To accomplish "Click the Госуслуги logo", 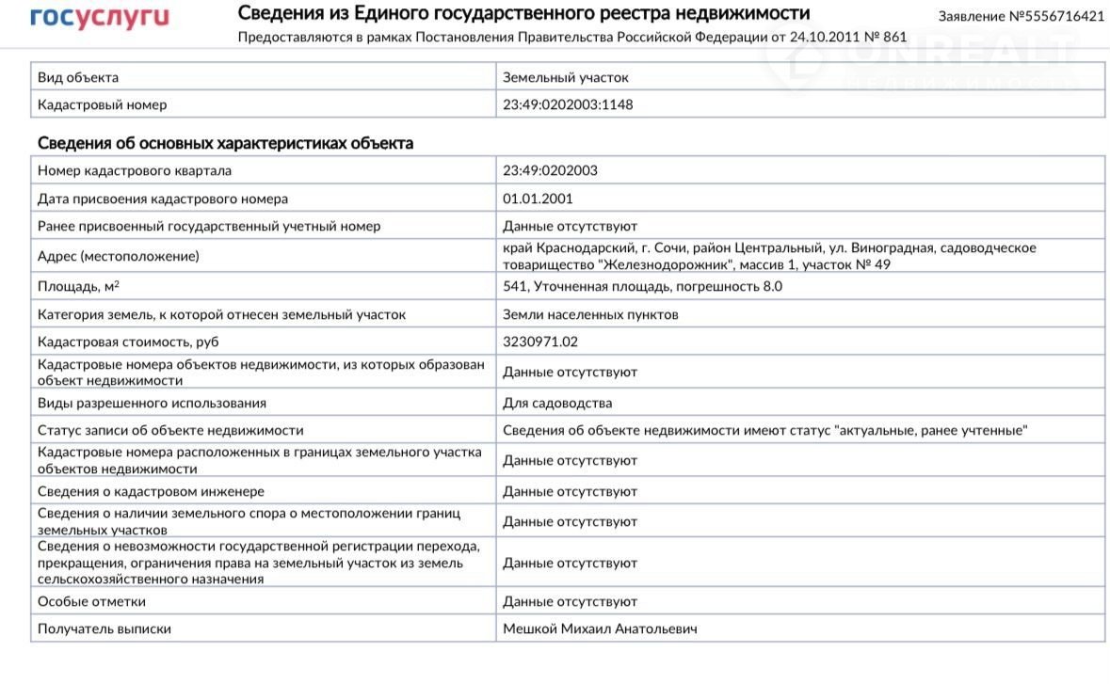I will (100, 18).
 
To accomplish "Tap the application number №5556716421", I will (1022, 17).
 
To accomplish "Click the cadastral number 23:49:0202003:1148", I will (568, 104).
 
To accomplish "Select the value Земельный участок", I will (565, 77).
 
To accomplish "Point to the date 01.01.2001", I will (538, 199).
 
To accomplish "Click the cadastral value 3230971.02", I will (540, 342).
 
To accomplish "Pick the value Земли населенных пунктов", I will (590, 314).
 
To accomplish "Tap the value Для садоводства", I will (557, 403).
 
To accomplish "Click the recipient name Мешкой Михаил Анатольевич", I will (600, 628).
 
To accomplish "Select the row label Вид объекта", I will (78, 77).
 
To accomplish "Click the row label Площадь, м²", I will (91, 287).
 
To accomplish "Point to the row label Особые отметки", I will (91, 601).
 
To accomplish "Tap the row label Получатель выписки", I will (105, 628).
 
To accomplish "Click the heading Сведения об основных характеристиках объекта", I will (225, 143).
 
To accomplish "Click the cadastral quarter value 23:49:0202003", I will (550, 170).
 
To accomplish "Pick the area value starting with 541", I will (642, 287).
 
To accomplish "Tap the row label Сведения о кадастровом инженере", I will (151, 491).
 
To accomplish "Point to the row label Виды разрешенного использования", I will (152, 403).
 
